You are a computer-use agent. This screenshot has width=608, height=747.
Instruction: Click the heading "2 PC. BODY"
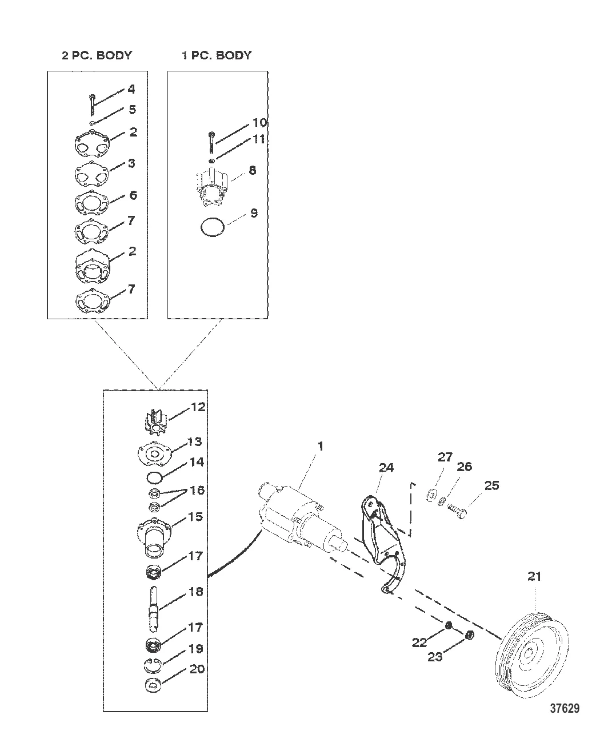pos(97,55)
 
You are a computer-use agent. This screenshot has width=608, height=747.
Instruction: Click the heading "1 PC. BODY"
pos(217,55)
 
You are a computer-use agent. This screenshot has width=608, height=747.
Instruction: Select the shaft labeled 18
pos(154,608)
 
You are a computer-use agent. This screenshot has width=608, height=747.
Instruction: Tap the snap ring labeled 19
pos(153,666)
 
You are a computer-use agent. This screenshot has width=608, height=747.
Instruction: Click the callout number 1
pos(320,447)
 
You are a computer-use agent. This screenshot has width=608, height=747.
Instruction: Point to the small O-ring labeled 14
pos(154,477)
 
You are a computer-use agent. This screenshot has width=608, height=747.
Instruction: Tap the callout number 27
pos(445,457)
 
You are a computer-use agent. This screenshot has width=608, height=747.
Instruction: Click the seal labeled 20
pos(153,686)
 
